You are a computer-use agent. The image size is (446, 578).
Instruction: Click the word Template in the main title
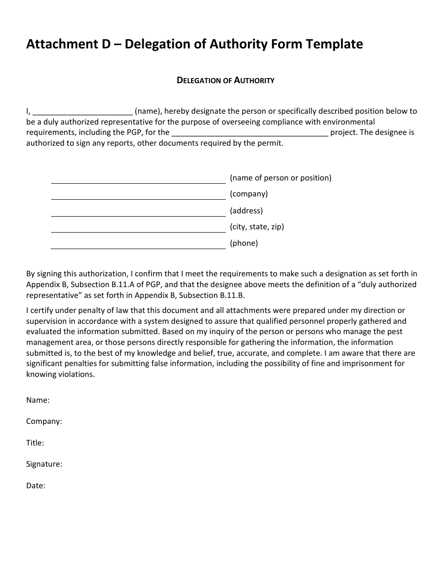pos(334,44)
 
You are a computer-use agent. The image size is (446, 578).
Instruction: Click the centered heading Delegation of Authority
pos(225,80)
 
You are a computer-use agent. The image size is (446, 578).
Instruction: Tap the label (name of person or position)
pos(280,178)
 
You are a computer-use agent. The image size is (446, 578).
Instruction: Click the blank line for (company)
pos(138,198)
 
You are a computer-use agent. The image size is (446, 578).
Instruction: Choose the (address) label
pos(246,211)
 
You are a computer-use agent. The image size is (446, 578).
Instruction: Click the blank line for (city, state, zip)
pos(138,231)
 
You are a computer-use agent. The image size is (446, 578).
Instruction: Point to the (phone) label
pos(244,243)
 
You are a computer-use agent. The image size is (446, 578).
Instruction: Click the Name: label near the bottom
pos(38,400)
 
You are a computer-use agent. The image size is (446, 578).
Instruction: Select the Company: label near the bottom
pos(44,422)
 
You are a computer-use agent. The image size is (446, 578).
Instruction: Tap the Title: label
pos(35,443)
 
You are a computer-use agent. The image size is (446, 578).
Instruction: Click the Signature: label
pos(44,464)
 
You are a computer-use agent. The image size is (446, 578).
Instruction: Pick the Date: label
pos(36,485)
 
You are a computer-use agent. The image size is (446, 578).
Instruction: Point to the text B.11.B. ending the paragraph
pos(232,296)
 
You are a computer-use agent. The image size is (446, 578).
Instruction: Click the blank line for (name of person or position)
pos(138,182)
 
